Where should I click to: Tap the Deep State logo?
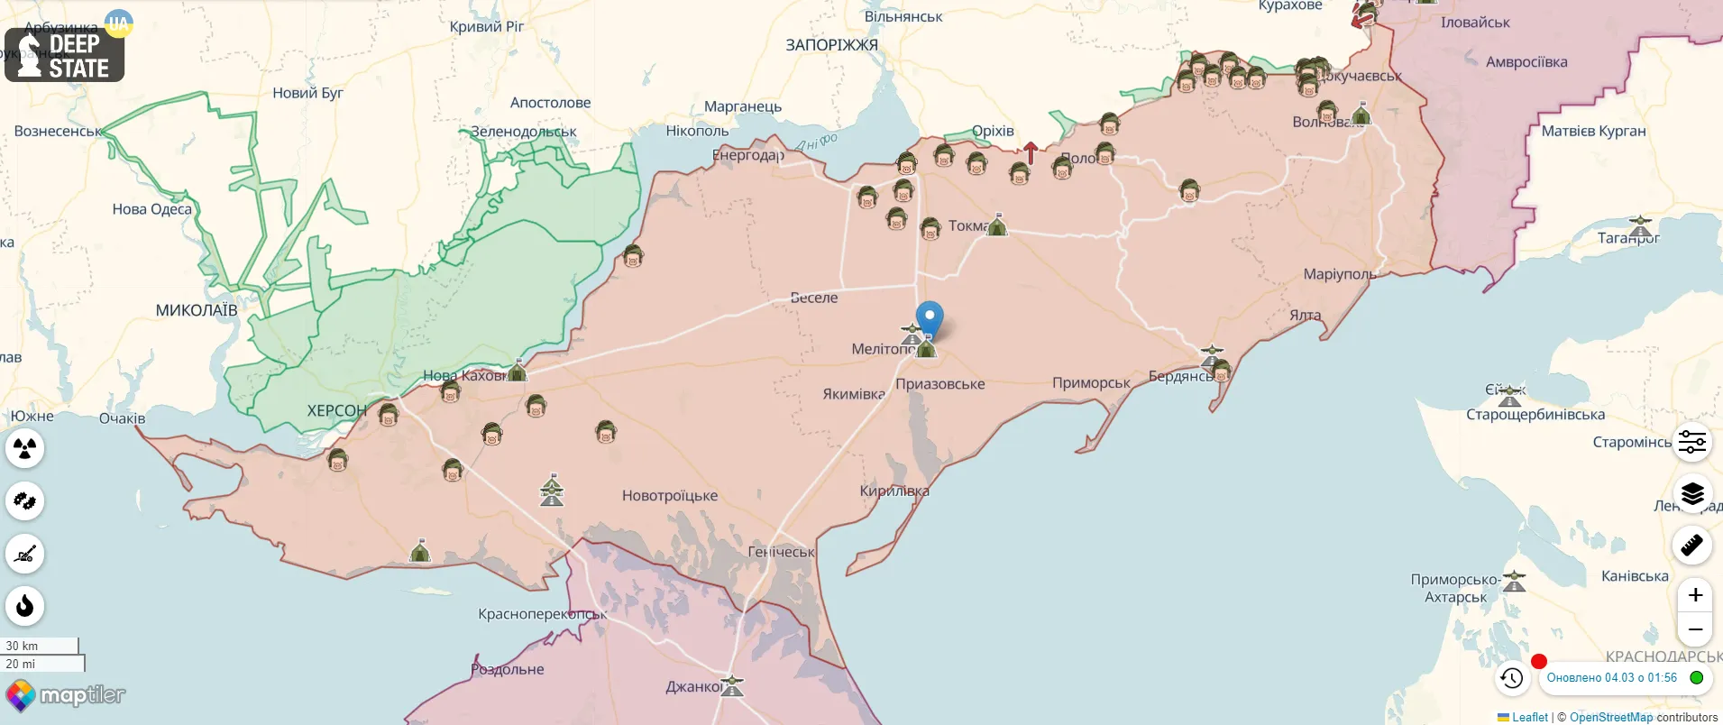65,55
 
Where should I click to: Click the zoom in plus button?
1695,595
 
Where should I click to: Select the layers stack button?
1692,493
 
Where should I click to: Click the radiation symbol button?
25,448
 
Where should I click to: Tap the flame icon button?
25,606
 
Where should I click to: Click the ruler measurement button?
1692,546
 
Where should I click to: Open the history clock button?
1512,678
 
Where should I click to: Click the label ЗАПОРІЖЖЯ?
831,45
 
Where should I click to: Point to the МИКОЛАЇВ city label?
197,310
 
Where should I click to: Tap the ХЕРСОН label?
336,410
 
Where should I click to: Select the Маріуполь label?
1339,274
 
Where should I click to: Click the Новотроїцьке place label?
670,496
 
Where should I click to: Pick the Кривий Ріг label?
487,27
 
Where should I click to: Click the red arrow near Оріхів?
1031,152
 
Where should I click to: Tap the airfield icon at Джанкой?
732,685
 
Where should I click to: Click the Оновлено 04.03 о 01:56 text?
1612,678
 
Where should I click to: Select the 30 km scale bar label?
23,646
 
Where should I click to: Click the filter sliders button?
1692,442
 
